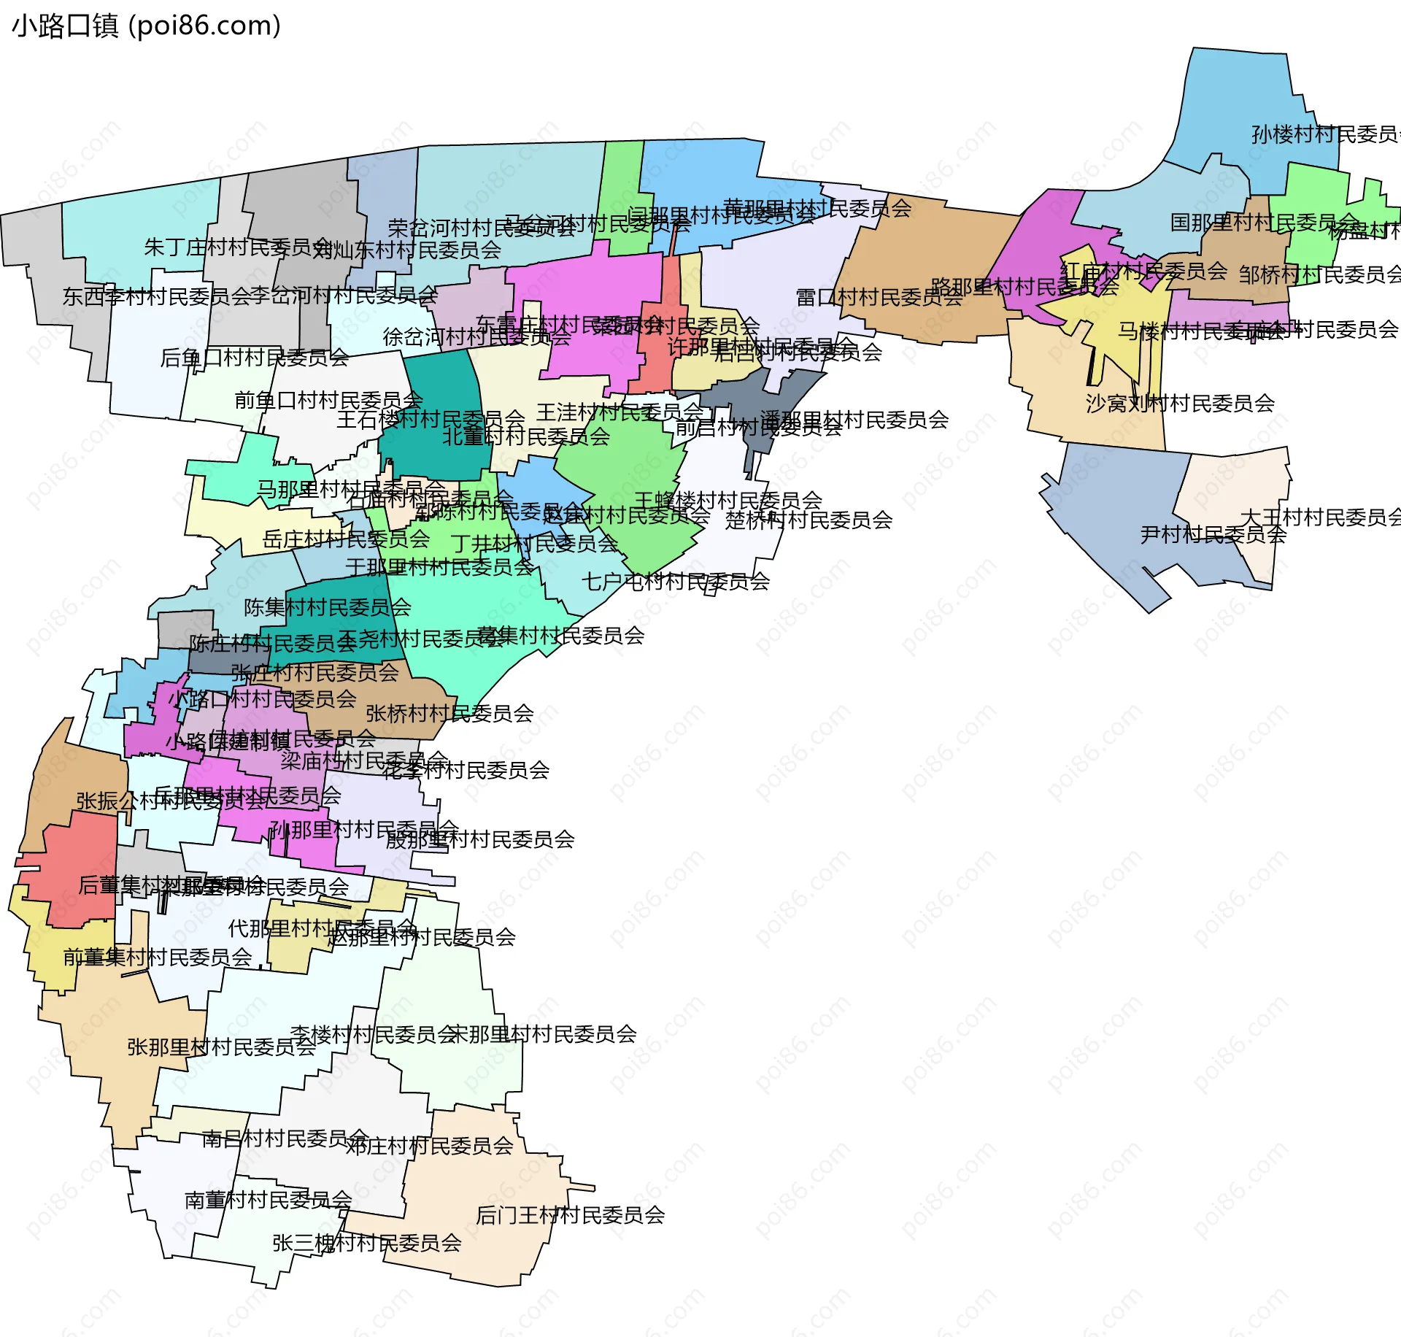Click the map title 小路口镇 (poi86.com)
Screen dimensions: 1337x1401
[x=146, y=26]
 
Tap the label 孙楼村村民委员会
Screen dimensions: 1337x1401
[x=1324, y=134]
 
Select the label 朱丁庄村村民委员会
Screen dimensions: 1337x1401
[x=238, y=247]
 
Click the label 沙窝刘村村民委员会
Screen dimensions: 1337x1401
[x=1180, y=403]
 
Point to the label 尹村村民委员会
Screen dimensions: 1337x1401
[x=1213, y=534]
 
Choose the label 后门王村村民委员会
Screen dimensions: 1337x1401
[x=570, y=1215]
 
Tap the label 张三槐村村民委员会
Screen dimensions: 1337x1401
[x=366, y=1243]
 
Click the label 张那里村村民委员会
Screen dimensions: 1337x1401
[x=221, y=1047]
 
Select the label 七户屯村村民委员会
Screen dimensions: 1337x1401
[x=675, y=582]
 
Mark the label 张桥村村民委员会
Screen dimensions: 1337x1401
[x=449, y=713]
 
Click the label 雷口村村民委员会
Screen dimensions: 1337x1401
[x=879, y=298]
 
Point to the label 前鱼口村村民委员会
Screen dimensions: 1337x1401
[x=328, y=400]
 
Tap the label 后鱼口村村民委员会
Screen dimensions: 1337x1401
[x=254, y=358]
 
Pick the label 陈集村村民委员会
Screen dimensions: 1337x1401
[x=327, y=607]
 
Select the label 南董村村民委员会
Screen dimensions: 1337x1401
[x=268, y=1200]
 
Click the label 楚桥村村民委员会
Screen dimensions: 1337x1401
[x=808, y=520]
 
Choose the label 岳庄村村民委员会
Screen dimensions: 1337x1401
[x=346, y=539]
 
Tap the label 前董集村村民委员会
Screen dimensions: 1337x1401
[x=158, y=957]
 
